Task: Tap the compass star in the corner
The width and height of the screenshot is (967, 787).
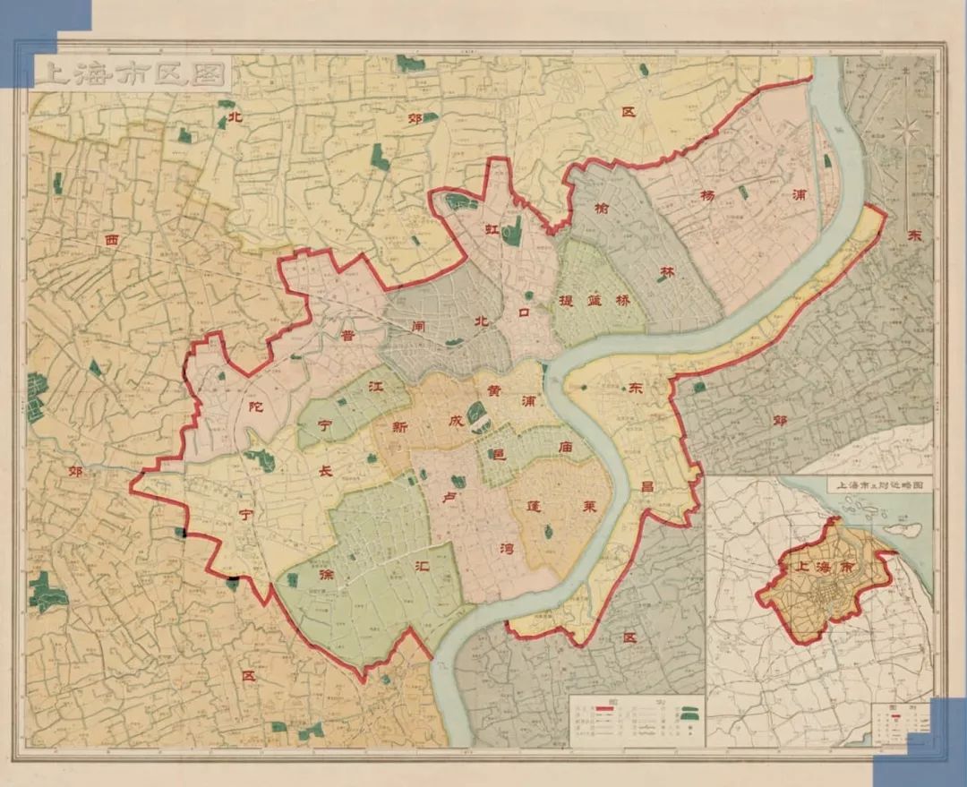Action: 906,132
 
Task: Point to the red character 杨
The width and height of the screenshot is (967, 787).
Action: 708,196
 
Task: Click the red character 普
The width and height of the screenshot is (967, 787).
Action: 347,337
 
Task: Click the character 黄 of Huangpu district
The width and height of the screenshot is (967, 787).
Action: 493,391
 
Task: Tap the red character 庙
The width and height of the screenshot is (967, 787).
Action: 564,444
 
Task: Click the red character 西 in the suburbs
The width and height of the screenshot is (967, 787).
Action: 111,240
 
